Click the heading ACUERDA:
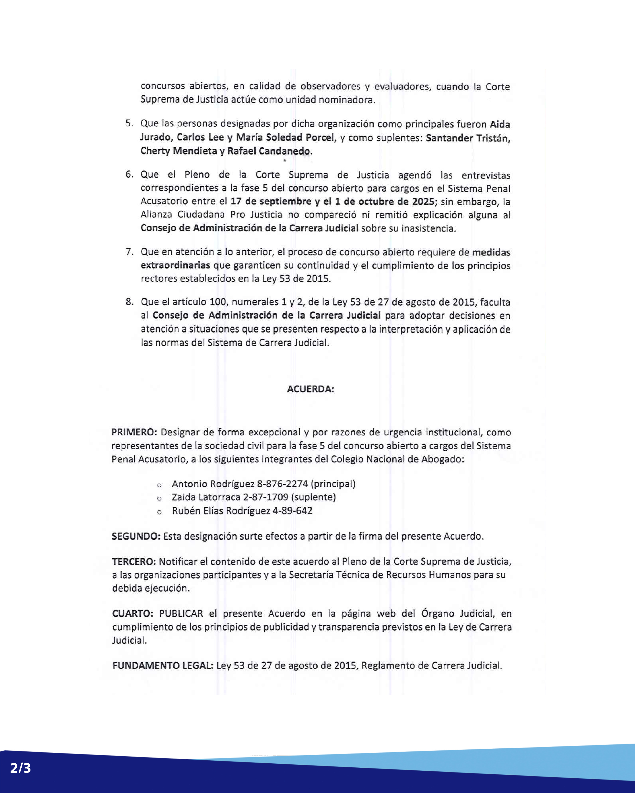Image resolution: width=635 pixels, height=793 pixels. tap(310, 389)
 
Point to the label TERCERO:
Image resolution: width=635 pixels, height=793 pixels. tap(134, 562)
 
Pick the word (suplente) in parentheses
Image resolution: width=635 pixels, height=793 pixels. tap(313, 497)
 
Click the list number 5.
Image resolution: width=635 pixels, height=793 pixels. tap(129, 123)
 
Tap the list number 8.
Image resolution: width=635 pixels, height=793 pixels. tap(129, 302)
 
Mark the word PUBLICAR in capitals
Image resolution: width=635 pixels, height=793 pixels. tap(181, 613)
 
